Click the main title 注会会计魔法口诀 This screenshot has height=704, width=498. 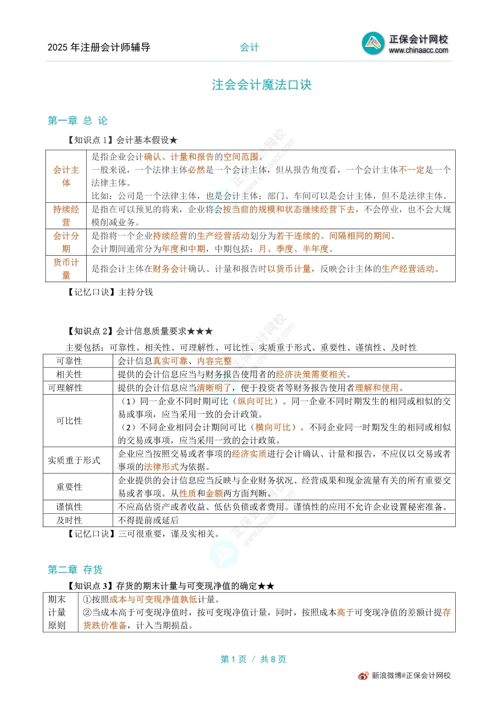point(261,85)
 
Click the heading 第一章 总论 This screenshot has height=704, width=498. point(78,120)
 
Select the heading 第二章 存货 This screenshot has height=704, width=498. point(75,569)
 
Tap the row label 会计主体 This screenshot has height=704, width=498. point(66,176)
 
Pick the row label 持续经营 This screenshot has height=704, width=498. point(66,215)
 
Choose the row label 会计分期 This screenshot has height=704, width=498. point(66,242)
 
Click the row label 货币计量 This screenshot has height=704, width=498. point(66,268)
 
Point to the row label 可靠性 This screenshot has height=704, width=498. point(69,360)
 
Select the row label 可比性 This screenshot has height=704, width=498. point(69,420)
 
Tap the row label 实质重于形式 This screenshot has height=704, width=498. point(75,460)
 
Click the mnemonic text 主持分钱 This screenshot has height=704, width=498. point(136,292)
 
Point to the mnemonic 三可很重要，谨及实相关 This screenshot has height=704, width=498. point(169,533)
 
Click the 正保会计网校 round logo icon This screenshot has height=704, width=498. point(373,44)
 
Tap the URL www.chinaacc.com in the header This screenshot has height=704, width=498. point(419,51)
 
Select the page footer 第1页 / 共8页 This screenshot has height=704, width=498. point(254,659)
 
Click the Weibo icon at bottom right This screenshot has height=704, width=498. point(364,676)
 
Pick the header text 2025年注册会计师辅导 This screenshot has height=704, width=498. point(99,48)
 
